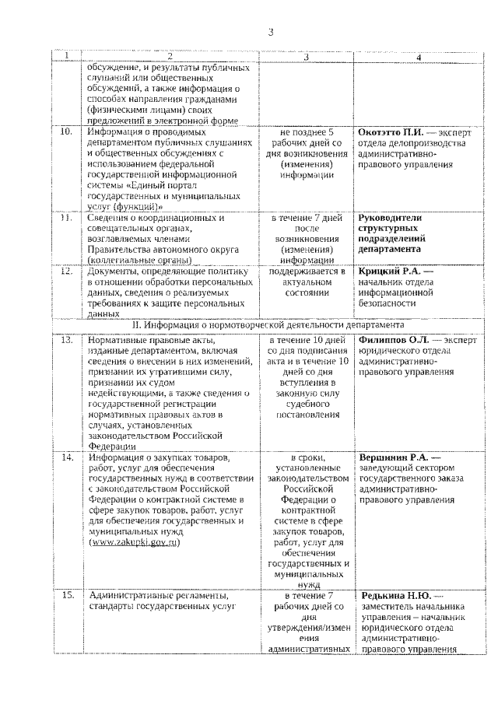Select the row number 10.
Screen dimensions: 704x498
click(x=67, y=132)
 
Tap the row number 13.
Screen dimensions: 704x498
click(x=67, y=340)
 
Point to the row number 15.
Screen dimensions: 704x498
click(x=67, y=595)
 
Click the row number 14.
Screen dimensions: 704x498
click(x=67, y=456)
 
